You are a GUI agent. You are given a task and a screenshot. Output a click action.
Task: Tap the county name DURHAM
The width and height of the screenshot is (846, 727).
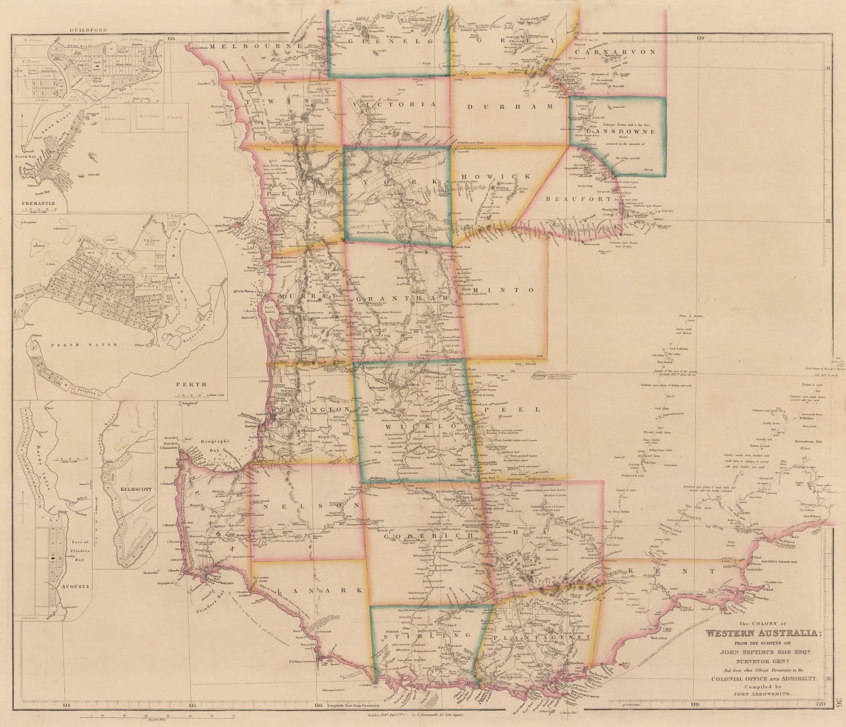point(510,106)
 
